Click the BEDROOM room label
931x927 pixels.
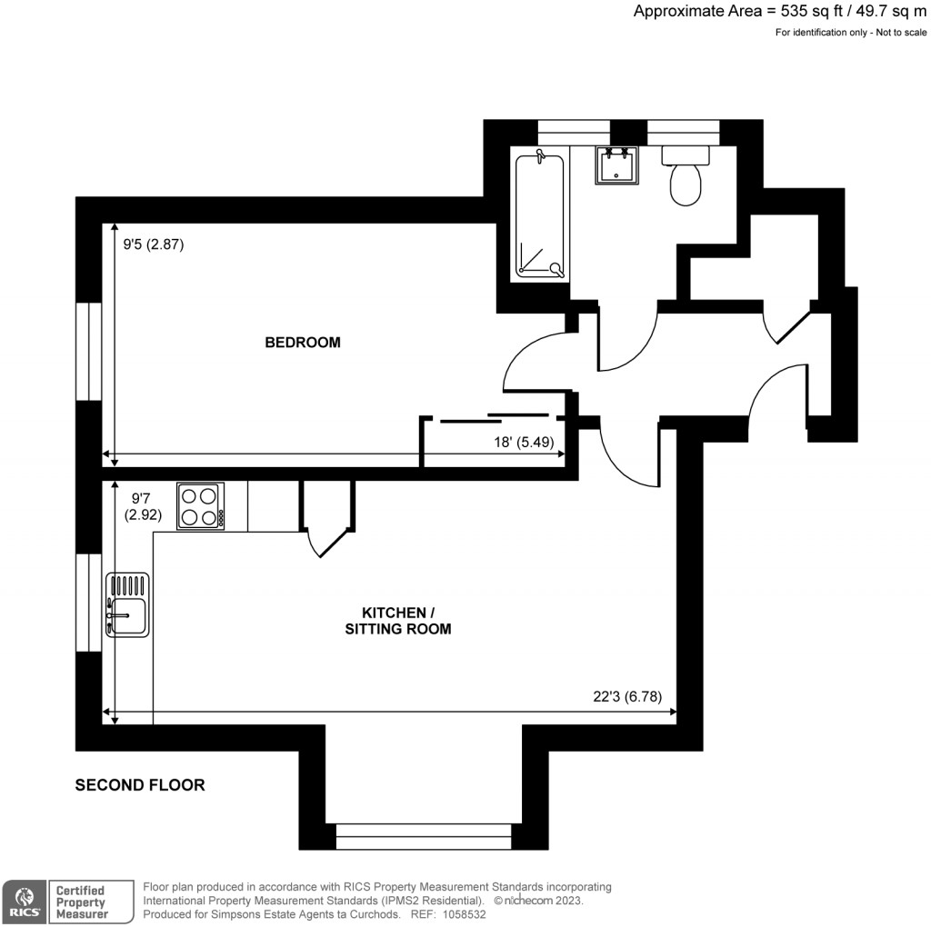click(303, 343)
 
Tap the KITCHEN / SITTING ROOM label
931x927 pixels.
click(398, 620)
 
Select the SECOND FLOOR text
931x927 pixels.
click(140, 785)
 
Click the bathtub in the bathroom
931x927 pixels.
click(539, 215)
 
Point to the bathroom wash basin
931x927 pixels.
click(617, 165)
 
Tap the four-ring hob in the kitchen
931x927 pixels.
click(200, 506)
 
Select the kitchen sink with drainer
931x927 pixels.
click(127, 603)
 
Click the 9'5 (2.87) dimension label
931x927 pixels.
click(154, 244)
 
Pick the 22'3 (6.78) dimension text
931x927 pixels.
click(634, 697)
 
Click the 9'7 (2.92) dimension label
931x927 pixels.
click(146, 505)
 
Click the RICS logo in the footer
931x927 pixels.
click(23, 902)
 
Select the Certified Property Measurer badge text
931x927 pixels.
click(81, 902)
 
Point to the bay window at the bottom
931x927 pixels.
click(424, 835)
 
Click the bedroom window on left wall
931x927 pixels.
click(88, 350)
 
